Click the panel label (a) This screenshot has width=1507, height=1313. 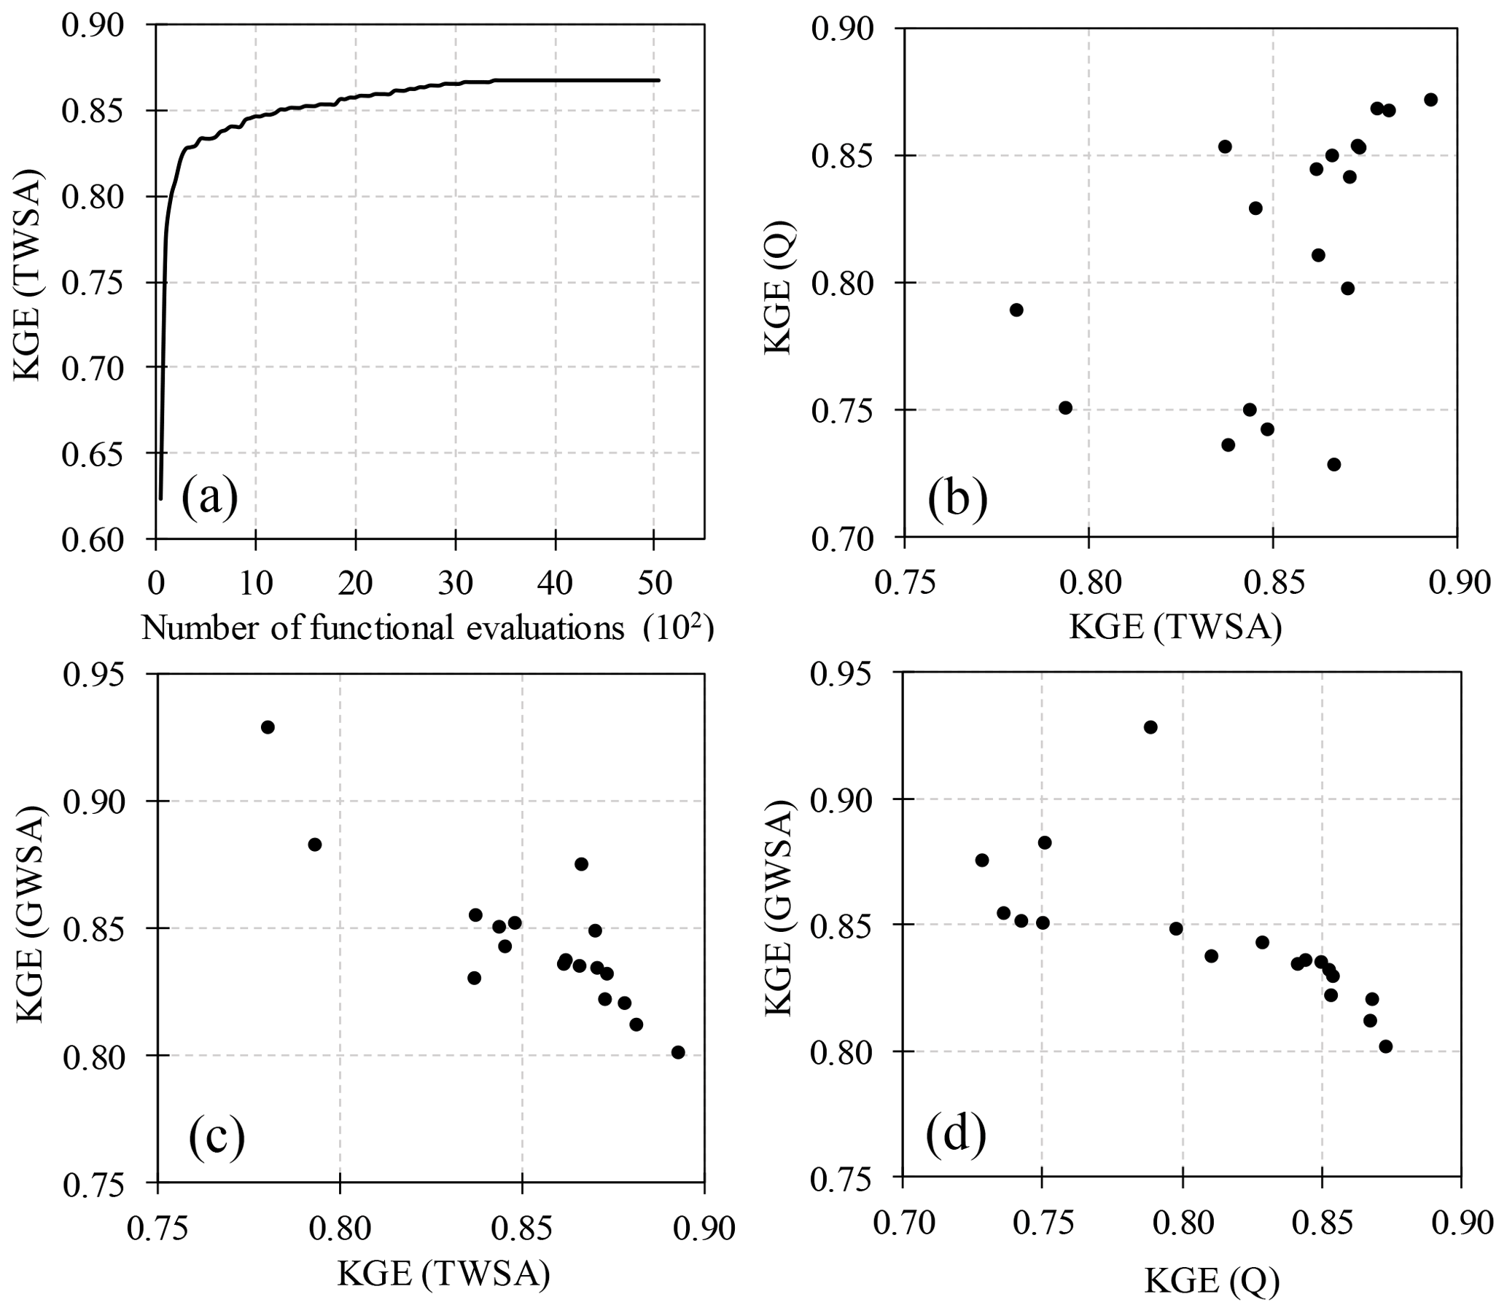tap(211, 496)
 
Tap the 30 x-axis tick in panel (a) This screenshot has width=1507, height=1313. tap(455, 584)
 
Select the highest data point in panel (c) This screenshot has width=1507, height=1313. tap(268, 727)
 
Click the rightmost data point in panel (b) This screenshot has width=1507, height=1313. tap(1430, 100)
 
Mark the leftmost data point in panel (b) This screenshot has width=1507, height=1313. tap(1016, 310)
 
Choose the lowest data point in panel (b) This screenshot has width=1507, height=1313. tap(1334, 465)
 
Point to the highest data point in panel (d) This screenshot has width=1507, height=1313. tap(1150, 727)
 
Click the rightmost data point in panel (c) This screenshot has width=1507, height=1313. tap(678, 1052)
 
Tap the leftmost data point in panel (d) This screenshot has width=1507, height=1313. tap(981, 861)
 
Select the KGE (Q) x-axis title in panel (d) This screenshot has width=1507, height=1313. tap(1212, 1282)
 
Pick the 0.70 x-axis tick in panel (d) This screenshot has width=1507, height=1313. tap(903, 1224)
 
